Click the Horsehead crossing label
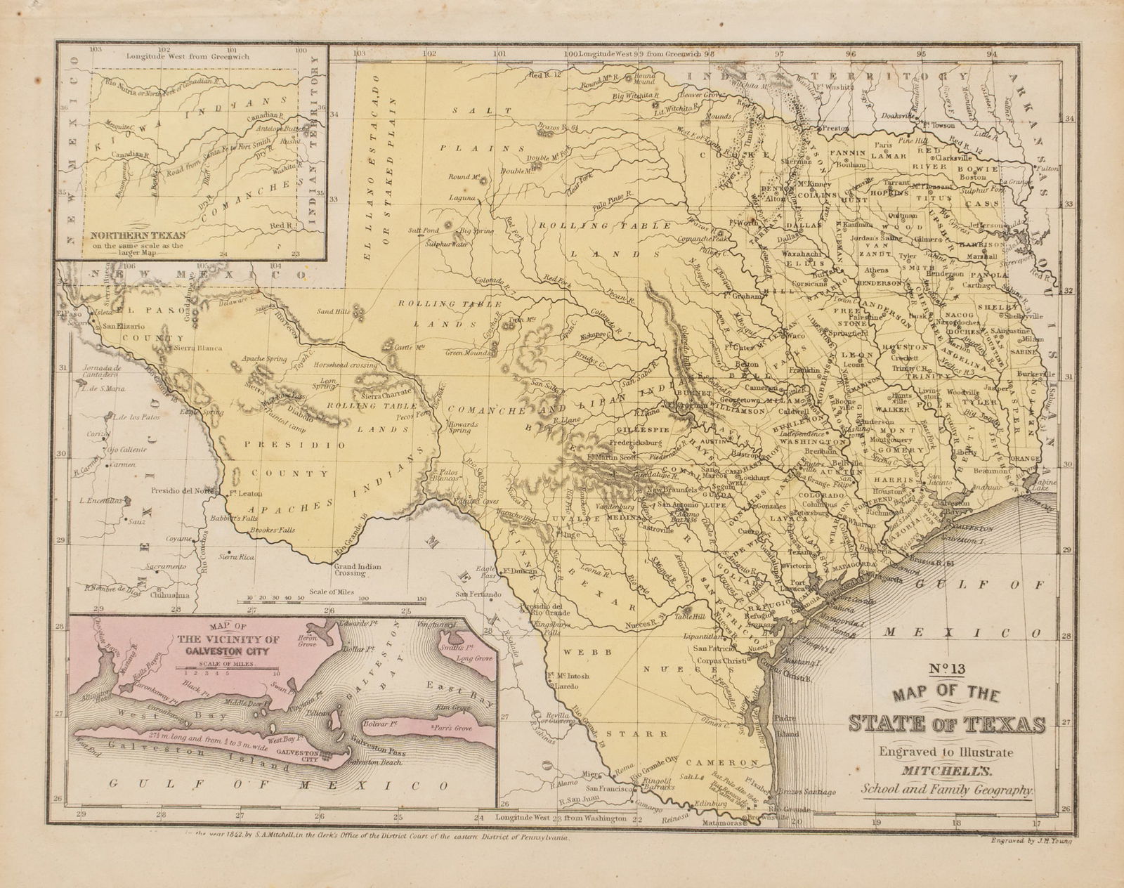pyautogui.click(x=346, y=366)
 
